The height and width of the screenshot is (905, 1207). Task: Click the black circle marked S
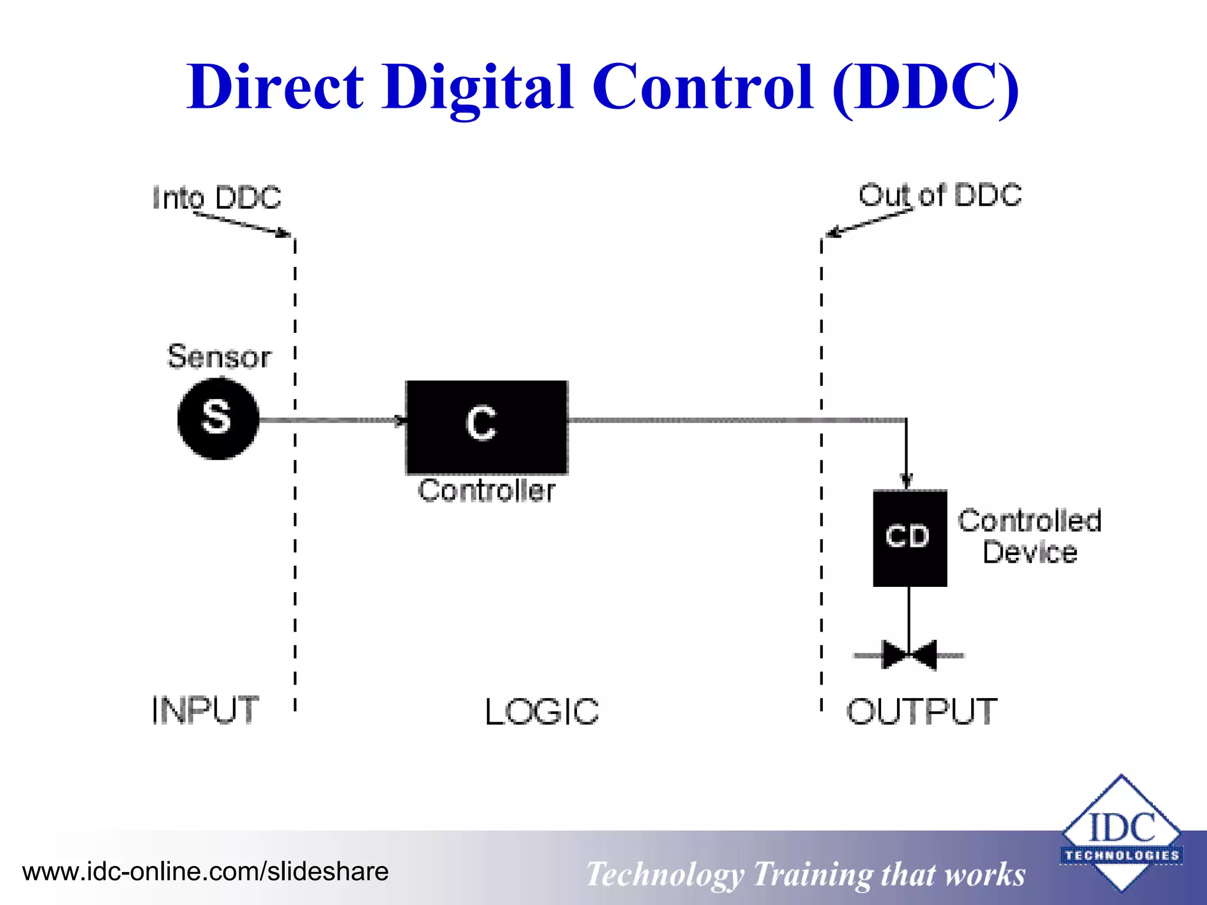[218, 418]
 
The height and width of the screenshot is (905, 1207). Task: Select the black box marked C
[487, 427]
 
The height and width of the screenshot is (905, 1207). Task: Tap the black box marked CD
[909, 537]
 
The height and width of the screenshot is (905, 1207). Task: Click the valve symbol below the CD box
[909, 655]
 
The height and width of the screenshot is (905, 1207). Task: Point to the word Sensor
[219, 356]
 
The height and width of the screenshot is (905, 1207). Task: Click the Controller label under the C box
[487, 491]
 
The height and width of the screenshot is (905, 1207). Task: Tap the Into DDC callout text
[217, 197]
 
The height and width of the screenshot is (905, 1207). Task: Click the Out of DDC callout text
[939, 195]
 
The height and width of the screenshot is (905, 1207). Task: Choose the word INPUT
[205, 710]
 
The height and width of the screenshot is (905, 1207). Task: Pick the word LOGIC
[542, 712]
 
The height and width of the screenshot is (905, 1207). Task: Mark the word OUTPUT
[922, 711]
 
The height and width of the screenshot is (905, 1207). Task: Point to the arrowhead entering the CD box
[907, 481]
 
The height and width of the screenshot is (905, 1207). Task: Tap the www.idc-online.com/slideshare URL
[205, 871]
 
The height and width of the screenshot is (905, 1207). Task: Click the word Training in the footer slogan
[812, 874]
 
